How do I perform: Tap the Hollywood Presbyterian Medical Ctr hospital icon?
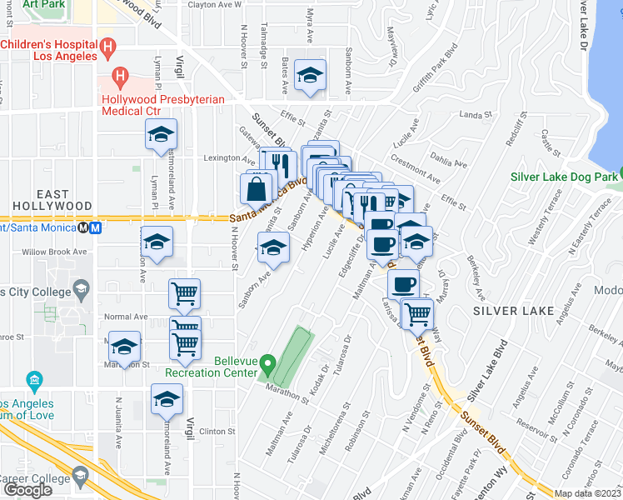120,79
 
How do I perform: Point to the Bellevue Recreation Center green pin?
267,364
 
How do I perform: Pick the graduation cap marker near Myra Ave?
310,77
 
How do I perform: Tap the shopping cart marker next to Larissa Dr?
416,314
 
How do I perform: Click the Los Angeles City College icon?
81,291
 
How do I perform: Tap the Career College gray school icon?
81,477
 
